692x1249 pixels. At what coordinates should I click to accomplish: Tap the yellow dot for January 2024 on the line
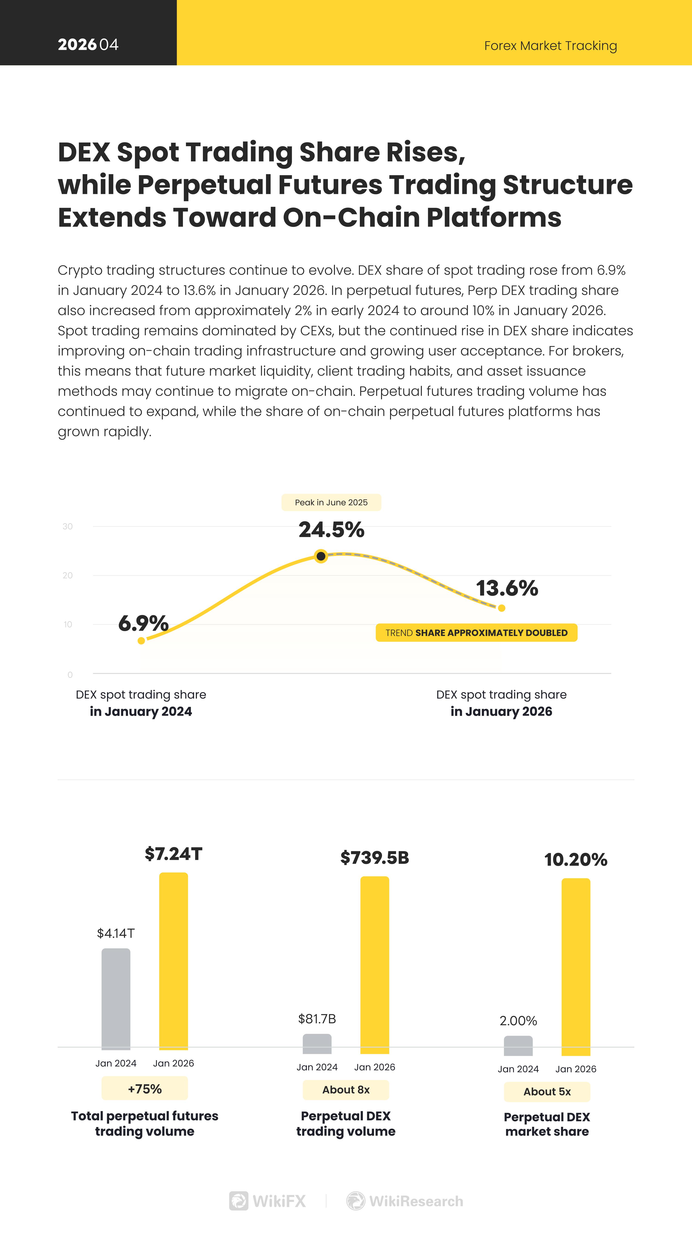pos(141,641)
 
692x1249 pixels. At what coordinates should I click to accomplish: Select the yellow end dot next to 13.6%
pos(501,608)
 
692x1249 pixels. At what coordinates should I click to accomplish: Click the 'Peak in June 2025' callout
pos(331,502)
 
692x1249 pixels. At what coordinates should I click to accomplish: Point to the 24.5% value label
pos(331,529)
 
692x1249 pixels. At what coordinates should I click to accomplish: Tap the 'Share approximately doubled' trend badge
pos(476,633)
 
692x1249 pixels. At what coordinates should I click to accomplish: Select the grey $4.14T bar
pos(116,999)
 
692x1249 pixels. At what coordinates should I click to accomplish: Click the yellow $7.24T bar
pos(174,961)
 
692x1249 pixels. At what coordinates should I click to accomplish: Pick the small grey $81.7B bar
pos(317,1044)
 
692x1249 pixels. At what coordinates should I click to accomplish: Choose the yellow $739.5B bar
pos(375,965)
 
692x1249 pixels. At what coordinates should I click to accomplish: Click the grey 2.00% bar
pos(518,1046)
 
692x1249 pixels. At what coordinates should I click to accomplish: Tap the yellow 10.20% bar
pos(576,967)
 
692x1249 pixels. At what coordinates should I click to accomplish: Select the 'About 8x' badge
pos(346,1090)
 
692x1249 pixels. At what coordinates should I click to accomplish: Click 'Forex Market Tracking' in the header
pos(550,46)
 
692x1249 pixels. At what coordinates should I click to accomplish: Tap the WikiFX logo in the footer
pos(268,1201)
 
